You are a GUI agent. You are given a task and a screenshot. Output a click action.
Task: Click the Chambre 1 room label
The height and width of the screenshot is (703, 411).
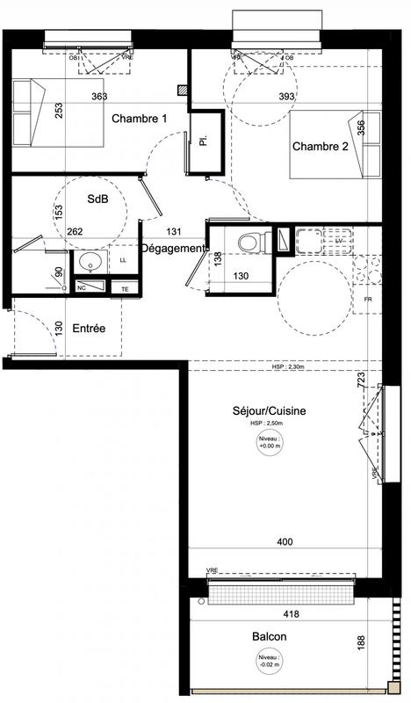[138, 119]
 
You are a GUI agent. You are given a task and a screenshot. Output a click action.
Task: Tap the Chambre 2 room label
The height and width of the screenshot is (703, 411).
[320, 147]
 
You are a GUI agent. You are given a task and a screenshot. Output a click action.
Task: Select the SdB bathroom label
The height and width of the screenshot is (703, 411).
[98, 199]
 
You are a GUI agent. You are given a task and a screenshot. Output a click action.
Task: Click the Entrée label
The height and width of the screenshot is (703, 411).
[89, 328]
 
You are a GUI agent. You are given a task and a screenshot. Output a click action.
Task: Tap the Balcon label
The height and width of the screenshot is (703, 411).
[269, 637]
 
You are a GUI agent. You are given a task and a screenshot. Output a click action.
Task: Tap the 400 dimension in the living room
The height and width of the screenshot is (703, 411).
[285, 542]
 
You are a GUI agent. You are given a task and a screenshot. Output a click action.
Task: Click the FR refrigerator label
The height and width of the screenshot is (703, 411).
[369, 301]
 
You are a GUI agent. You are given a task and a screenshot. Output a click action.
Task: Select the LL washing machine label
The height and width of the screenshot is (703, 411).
[123, 261]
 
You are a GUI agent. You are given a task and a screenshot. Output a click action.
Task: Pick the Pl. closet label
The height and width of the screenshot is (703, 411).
[203, 141]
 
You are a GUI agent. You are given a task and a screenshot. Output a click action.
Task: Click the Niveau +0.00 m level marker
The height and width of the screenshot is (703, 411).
[270, 442]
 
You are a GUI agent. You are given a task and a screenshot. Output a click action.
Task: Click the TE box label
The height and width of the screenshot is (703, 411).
[124, 288]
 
